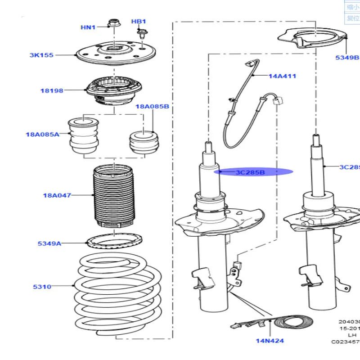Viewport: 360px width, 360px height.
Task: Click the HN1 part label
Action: click(x=88, y=27)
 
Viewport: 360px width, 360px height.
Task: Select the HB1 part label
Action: click(x=139, y=22)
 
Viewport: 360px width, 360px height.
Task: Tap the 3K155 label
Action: click(x=41, y=55)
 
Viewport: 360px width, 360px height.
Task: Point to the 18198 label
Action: click(x=52, y=90)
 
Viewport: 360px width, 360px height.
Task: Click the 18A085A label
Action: click(x=42, y=134)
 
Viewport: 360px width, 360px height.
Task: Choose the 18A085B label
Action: click(x=153, y=107)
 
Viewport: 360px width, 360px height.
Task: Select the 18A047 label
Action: click(x=57, y=195)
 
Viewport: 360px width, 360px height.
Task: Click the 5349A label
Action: click(x=49, y=243)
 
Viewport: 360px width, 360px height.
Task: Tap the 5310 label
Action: click(x=42, y=286)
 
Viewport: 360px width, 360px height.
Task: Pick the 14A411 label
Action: click(x=283, y=76)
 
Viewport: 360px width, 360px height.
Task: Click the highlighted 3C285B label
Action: click(x=251, y=172)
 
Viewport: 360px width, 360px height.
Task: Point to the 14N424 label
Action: click(x=270, y=341)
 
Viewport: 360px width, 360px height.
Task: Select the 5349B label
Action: click(x=347, y=58)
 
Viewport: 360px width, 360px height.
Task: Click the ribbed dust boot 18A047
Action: click(x=113, y=198)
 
